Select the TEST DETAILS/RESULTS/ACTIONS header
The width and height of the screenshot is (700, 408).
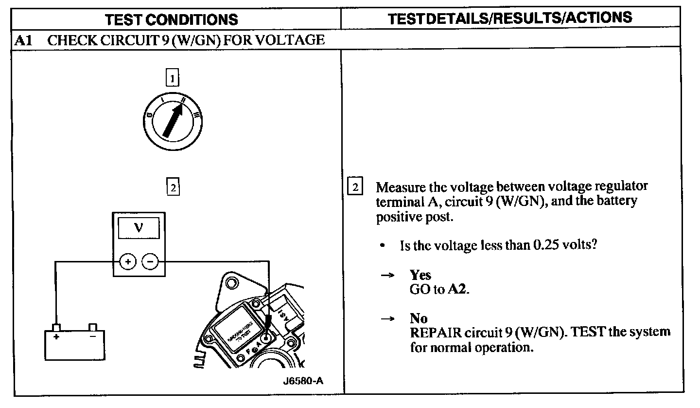tap(510, 18)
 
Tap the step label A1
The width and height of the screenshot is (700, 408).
tap(23, 40)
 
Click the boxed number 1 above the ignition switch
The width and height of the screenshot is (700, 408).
tap(172, 78)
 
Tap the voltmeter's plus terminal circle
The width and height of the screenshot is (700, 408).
tap(127, 262)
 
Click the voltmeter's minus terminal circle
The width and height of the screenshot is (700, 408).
tap(149, 262)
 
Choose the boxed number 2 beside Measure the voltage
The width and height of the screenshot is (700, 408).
tap(356, 187)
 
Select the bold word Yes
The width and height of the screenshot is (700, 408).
tap(420, 275)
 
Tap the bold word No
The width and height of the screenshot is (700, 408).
tap(418, 318)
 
